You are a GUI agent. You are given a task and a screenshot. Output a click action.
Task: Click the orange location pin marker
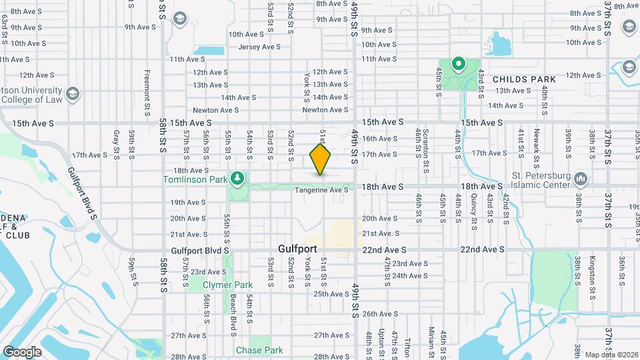(321, 159)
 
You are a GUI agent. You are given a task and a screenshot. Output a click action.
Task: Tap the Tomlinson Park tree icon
(237, 179)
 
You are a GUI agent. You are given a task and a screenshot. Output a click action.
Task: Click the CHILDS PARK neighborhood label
(524, 79)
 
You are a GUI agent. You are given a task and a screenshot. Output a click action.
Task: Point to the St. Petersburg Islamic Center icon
(580, 179)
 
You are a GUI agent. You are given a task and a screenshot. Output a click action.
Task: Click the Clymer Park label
(228, 285)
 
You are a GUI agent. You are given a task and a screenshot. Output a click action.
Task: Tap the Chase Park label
(259, 350)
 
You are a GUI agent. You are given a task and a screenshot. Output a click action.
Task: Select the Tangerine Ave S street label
(322, 190)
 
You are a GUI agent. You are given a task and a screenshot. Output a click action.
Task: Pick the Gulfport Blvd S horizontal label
(200, 250)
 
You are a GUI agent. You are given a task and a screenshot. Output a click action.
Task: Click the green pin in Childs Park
(458, 65)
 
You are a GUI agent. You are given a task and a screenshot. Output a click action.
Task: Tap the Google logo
(21, 351)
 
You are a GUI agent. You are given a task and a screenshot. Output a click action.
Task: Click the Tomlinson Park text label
(195, 179)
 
